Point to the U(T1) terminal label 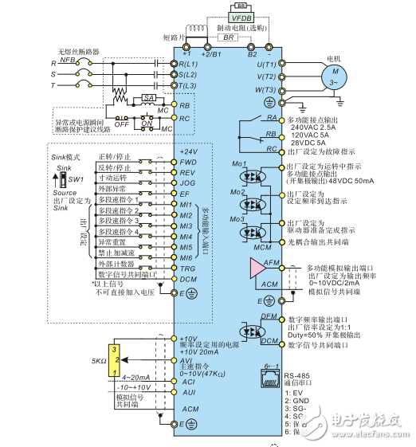click(265, 63)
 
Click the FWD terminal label click(188, 162)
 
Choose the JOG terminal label click(188, 182)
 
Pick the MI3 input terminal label click(186, 226)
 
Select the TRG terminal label click(188, 269)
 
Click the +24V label click(189, 151)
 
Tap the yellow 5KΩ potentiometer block click(116, 359)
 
